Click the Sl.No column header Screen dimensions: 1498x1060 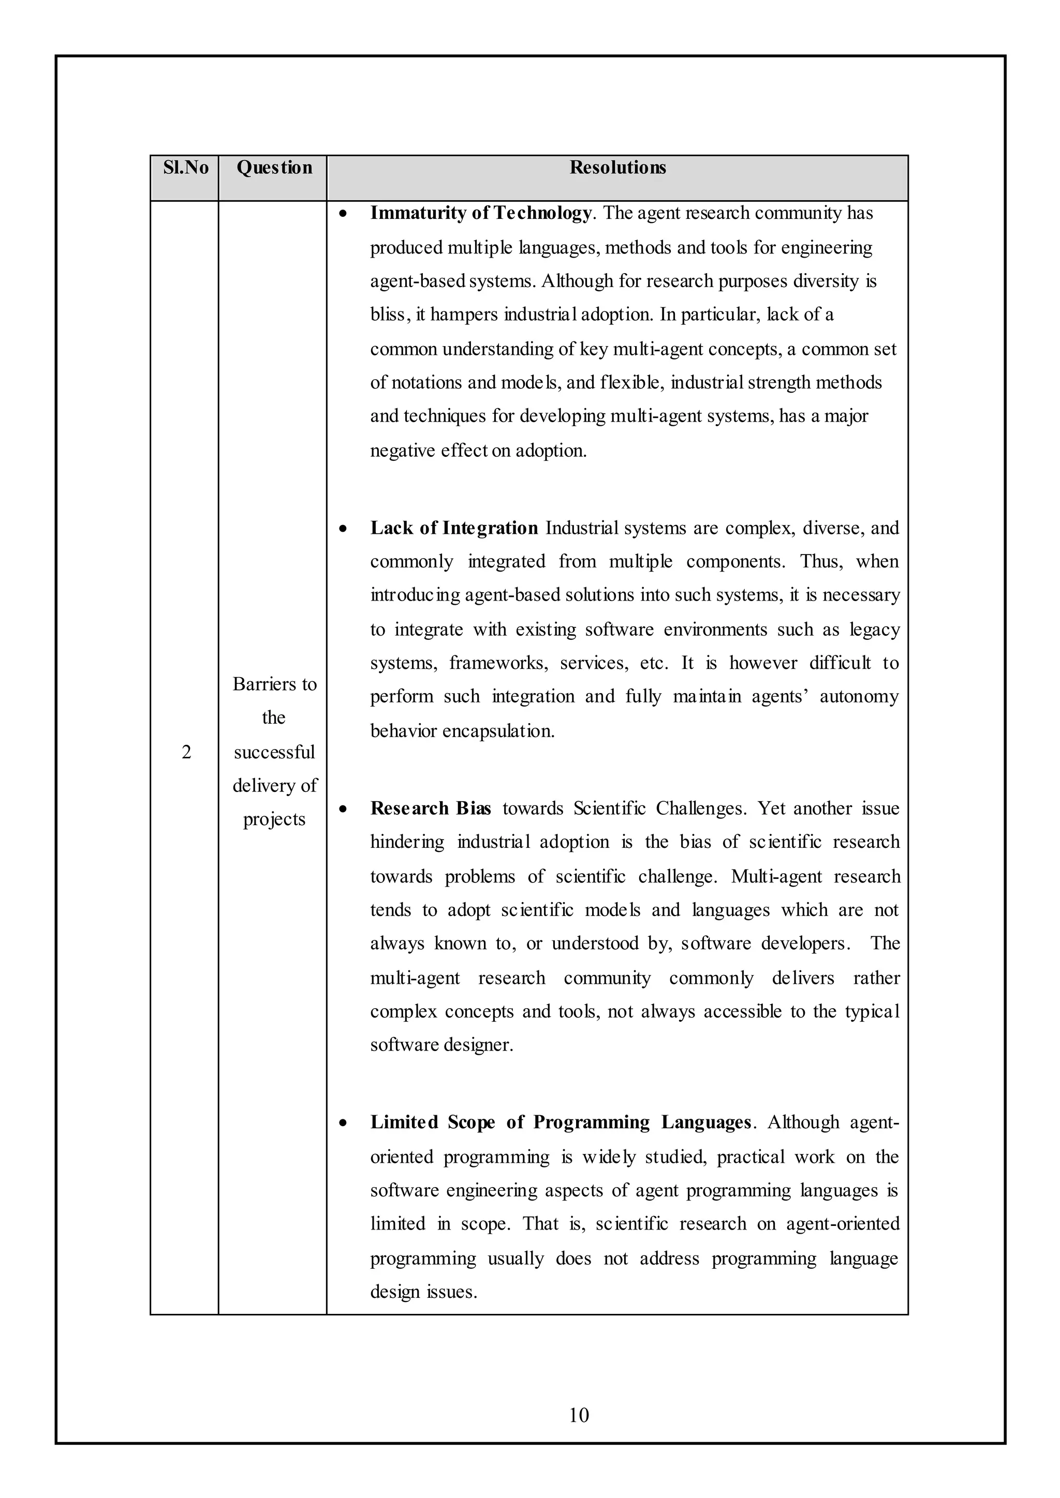click(x=185, y=168)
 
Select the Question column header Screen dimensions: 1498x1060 click(x=274, y=168)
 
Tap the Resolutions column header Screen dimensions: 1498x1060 click(x=617, y=168)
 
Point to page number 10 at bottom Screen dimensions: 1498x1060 click(x=579, y=1415)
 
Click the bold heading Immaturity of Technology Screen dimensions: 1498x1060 click(x=481, y=213)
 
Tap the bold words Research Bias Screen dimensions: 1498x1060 click(x=430, y=808)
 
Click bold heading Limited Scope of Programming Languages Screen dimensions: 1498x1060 click(x=561, y=1122)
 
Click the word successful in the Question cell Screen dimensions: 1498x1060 click(x=274, y=752)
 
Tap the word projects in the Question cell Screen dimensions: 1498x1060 click(x=274, y=819)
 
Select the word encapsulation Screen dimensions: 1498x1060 click(x=498, y=731)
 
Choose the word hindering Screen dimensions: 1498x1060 click(x=407, y=842)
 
